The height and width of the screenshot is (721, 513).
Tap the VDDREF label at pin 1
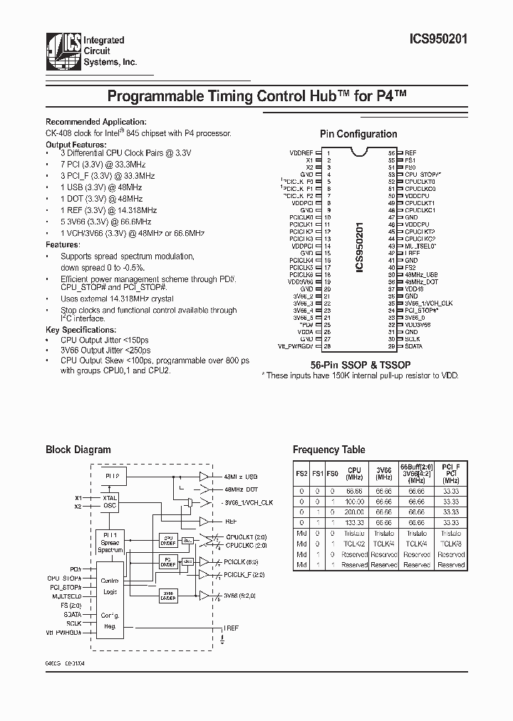[301, 153]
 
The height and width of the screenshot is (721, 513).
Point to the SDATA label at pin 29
[414, 346]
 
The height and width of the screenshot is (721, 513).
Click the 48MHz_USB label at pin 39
[421, 275]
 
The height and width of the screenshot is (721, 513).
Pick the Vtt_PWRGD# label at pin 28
[296, 346]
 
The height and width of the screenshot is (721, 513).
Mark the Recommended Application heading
[96, 122]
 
